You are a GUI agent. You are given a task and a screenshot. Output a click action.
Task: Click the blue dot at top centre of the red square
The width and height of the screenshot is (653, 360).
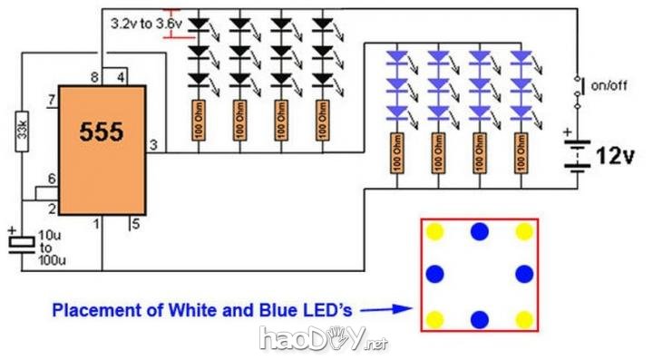pos(479,232)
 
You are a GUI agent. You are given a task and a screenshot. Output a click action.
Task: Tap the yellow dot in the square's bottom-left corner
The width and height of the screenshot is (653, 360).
pos(434,318)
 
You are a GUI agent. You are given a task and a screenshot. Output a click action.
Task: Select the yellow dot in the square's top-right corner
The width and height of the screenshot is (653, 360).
pos(523,232)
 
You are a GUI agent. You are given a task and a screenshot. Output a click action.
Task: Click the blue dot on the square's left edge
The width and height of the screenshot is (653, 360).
pos(434,274)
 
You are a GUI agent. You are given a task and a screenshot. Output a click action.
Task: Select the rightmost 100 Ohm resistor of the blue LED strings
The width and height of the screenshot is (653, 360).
pos(520,153)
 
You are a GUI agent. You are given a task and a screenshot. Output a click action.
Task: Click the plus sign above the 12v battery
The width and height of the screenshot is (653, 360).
pos(568,133)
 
